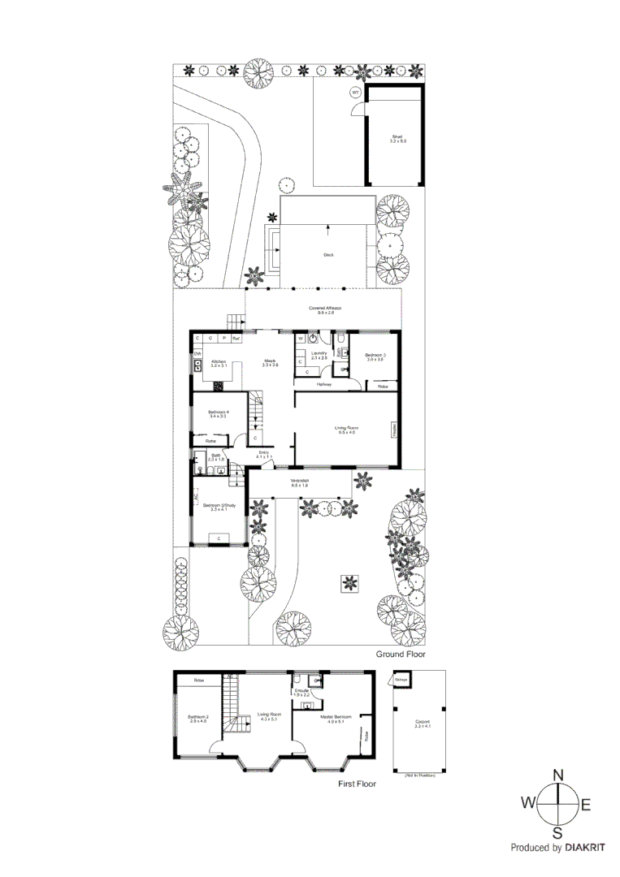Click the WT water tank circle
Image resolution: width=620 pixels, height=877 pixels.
point(355,93)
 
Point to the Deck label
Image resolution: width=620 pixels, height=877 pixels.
point(328,255)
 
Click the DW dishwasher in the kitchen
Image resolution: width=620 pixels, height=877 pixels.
point(197,354)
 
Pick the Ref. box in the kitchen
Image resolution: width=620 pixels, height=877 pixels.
point(236,337)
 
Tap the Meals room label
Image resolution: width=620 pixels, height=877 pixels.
point(270,363)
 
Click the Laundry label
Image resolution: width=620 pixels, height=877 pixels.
point(319,355)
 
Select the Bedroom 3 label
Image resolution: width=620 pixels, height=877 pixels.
point(375,356)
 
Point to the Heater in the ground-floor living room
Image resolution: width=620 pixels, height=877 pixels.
point(394,430)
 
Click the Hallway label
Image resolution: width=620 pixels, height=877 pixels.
point(324,383)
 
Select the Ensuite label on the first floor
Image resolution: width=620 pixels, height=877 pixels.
point(302,693)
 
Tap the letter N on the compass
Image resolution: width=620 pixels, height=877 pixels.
point(558,775)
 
